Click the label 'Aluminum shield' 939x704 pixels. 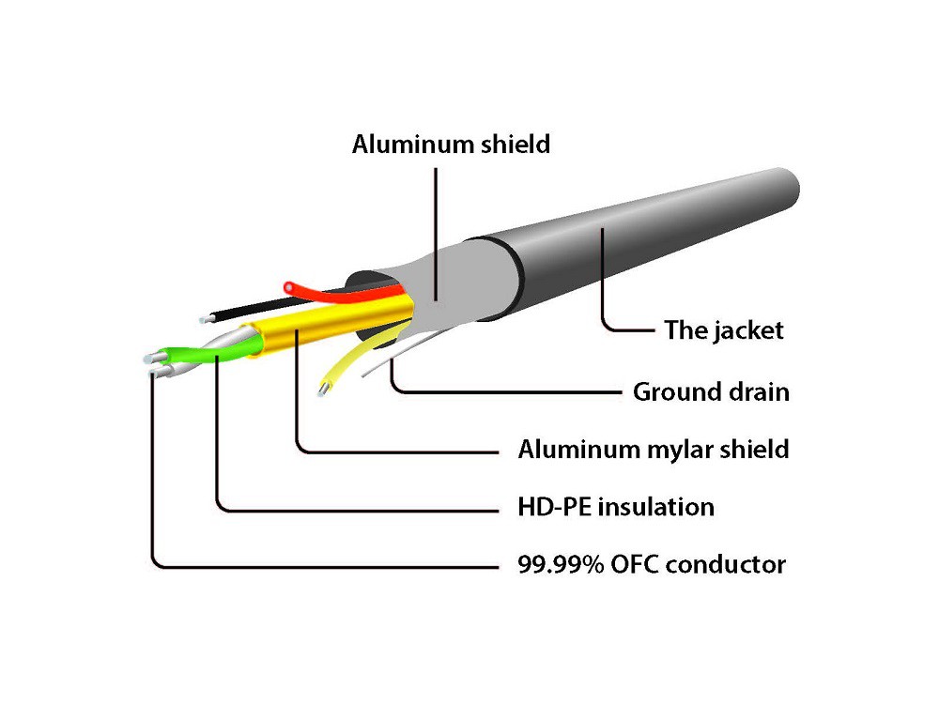[x=451, y=145]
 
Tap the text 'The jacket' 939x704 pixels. [x=723, y=330]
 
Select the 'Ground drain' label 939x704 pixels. [x=711, y=390]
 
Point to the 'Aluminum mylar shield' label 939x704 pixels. [x=653, y=449]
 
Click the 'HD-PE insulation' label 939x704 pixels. [x=616, y=508]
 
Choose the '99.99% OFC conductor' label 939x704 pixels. [x=652, y=565]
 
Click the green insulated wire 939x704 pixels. [x=192, y=355]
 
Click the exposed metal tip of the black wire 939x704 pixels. [x=206, y=320]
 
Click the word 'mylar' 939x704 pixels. [x=675, y=450]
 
